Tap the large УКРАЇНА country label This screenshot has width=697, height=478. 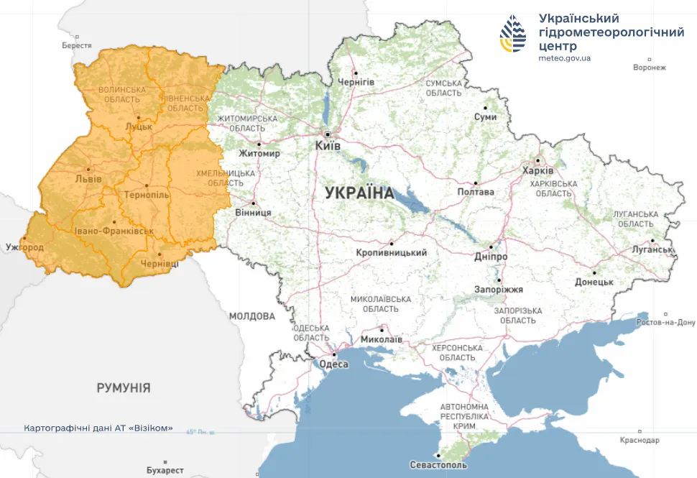point(359,193)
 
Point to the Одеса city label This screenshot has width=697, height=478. point(334,364)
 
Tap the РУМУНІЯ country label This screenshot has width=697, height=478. point(124,388)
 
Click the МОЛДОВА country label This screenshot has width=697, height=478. point(252,316)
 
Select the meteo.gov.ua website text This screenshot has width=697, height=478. point(564,58)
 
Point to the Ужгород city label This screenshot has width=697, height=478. point(24,248)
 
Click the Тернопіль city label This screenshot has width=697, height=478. point(147,196)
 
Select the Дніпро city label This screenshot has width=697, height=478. point(491,257)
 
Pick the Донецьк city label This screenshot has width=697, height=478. point(593,283)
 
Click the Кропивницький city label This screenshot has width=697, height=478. point(392,253)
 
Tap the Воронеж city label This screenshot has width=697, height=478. point(650,68)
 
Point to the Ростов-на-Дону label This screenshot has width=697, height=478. point(668,323)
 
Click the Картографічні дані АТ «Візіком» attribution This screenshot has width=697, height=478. point(98,428)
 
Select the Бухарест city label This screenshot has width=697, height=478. point(165,471)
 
